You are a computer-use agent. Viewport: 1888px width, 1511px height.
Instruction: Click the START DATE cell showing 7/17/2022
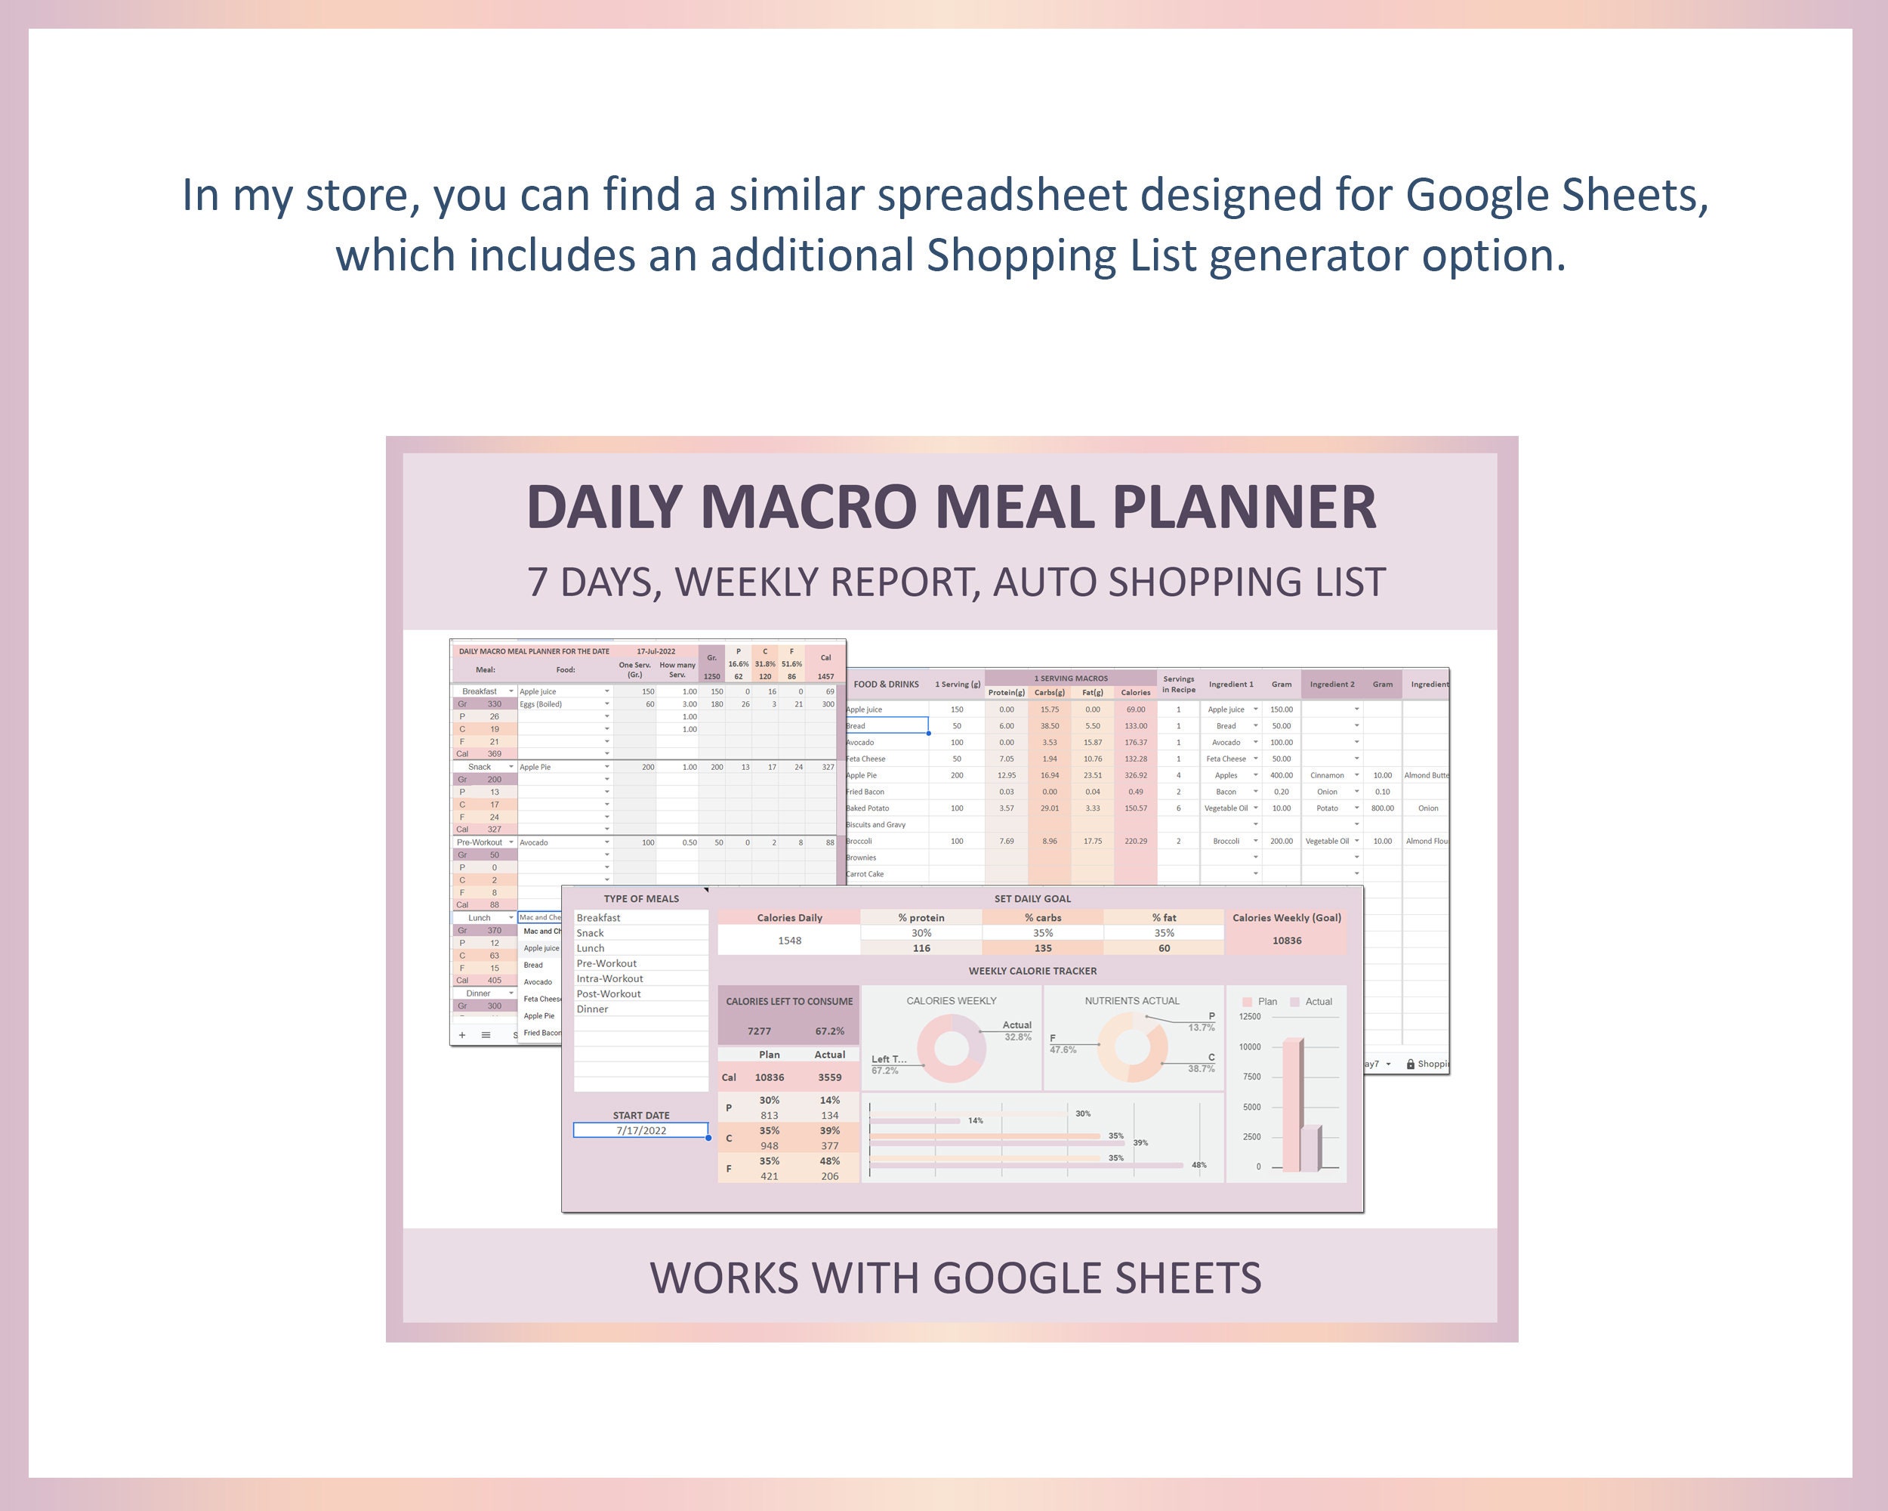641,1130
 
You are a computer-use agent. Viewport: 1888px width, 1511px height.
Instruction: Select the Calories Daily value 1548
789,940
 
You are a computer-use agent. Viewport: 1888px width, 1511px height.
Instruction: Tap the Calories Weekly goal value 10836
1286,940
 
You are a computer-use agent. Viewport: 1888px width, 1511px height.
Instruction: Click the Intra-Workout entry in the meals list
609,978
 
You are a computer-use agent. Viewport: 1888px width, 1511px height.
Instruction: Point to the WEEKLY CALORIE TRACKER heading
1032,971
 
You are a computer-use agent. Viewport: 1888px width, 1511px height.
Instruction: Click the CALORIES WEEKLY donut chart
951,1049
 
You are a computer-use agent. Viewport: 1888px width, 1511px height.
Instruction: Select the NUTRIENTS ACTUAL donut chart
1131,1049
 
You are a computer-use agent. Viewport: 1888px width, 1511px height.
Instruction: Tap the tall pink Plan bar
1291,1104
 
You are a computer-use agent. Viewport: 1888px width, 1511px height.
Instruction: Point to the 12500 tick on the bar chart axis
1250,1016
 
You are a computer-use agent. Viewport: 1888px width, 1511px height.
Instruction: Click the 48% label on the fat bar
1199,1165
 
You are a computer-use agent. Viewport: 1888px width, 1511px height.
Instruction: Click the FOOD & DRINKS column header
886,684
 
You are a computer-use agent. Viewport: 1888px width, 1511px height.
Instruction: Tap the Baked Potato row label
868,808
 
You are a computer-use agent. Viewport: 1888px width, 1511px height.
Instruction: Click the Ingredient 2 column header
1332,684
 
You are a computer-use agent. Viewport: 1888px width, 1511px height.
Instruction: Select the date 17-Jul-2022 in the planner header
656,650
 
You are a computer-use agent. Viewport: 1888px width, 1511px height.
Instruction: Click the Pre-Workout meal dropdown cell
483,842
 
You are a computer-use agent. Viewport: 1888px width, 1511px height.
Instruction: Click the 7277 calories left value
759,1031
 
